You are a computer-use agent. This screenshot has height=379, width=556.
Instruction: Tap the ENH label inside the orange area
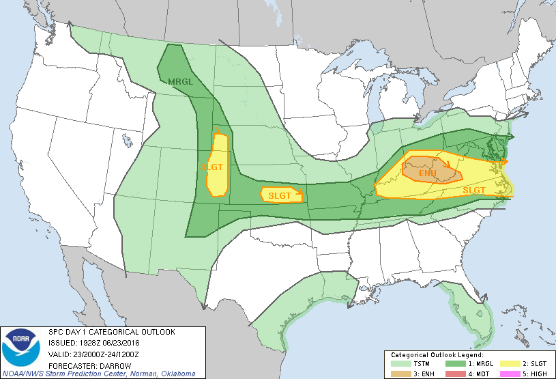coord(427,173)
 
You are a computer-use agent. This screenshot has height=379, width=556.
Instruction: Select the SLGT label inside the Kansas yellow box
coord(280,196)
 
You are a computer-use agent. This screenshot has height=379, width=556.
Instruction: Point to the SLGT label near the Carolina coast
coord(473,190)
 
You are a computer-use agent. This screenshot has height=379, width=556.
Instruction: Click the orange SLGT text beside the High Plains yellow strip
coord(211,166)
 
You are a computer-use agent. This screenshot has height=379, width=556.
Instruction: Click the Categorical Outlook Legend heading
coord(437,355)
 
